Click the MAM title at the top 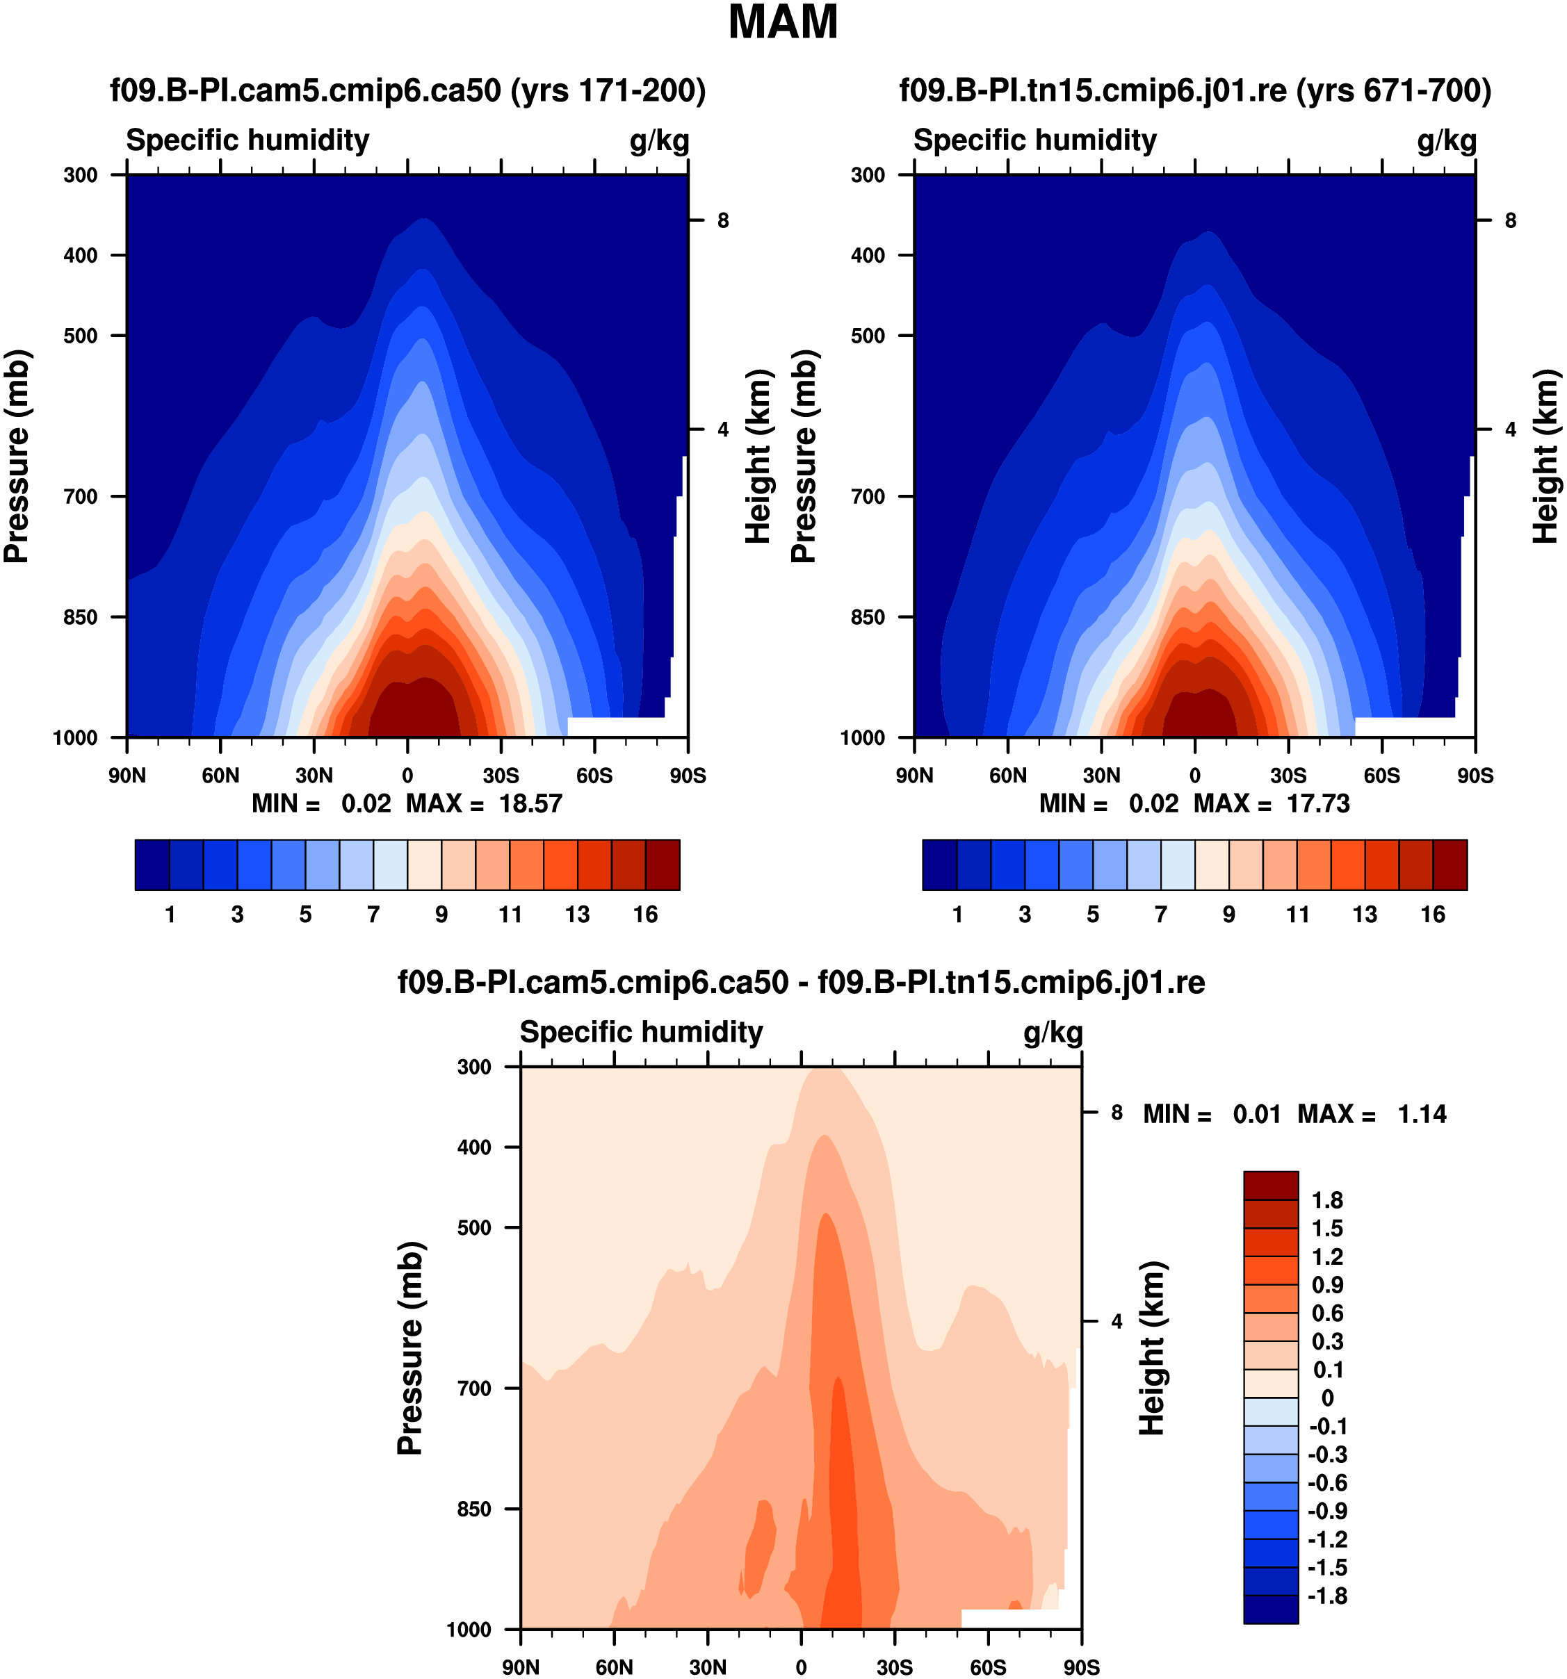tap(782, 23)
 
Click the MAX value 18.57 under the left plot tap(530, 803)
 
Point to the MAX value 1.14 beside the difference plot tap(1422, 1114)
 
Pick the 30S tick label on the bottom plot tap(895, 1667)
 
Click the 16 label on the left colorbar tap(645, 915)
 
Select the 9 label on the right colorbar tap(1228, 915)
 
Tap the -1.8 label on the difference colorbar tap(1327, 1596)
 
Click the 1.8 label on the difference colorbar tap(1327, 1200)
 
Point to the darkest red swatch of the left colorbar tap(663, 865)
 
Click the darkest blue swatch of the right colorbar tap(939, 865)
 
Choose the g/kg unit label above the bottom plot tap(1053, 1032)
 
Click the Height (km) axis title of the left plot tap(758, 456)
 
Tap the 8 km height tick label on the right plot tap(1511, 220)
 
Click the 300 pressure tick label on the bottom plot tap(474, 1067)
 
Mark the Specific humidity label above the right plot tap(1034, 140)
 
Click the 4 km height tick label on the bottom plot tap(1117, 1321)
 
